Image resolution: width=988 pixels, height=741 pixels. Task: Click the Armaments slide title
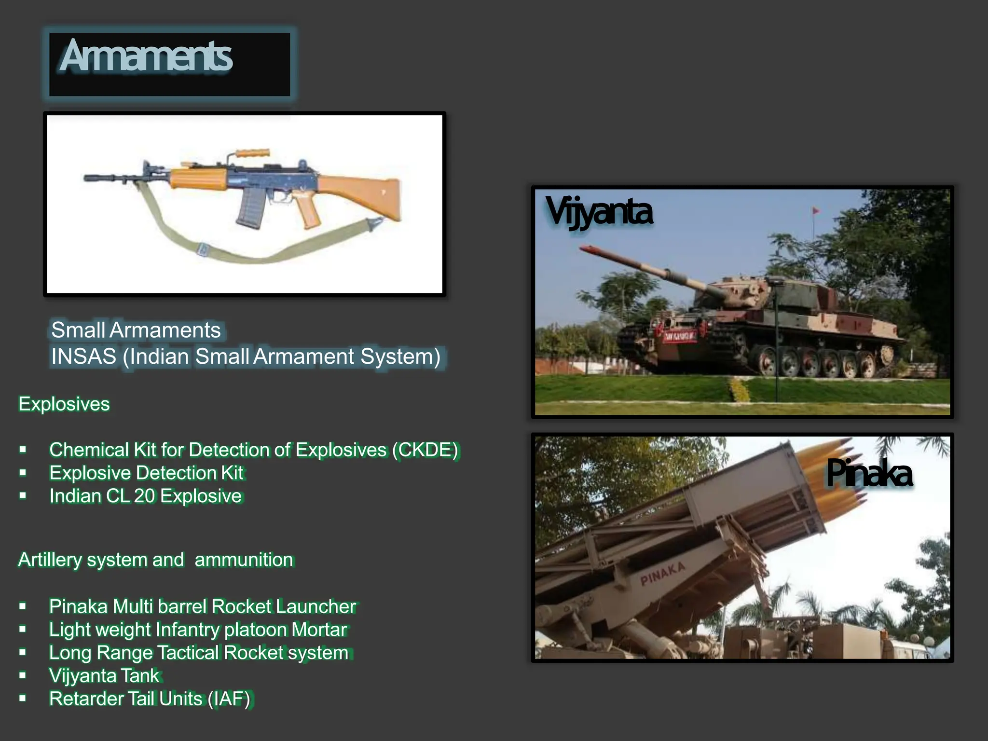click(146, 56)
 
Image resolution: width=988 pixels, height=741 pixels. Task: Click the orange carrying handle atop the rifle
click(252, 153)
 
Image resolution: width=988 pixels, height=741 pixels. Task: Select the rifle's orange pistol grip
click(309, 212)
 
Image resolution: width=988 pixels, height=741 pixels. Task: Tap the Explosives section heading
click(64, 404)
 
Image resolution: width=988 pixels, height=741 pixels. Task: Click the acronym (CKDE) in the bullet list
click(425, 450)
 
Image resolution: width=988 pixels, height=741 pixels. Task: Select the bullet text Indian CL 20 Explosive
click(145, 496)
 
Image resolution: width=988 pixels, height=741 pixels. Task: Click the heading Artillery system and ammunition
click(156, 560)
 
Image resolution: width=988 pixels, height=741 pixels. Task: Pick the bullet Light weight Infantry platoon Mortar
click(198, 630)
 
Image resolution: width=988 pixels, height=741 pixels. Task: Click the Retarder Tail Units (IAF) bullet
click(150, 699)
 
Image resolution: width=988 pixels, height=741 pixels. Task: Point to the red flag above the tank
click(815, 211)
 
